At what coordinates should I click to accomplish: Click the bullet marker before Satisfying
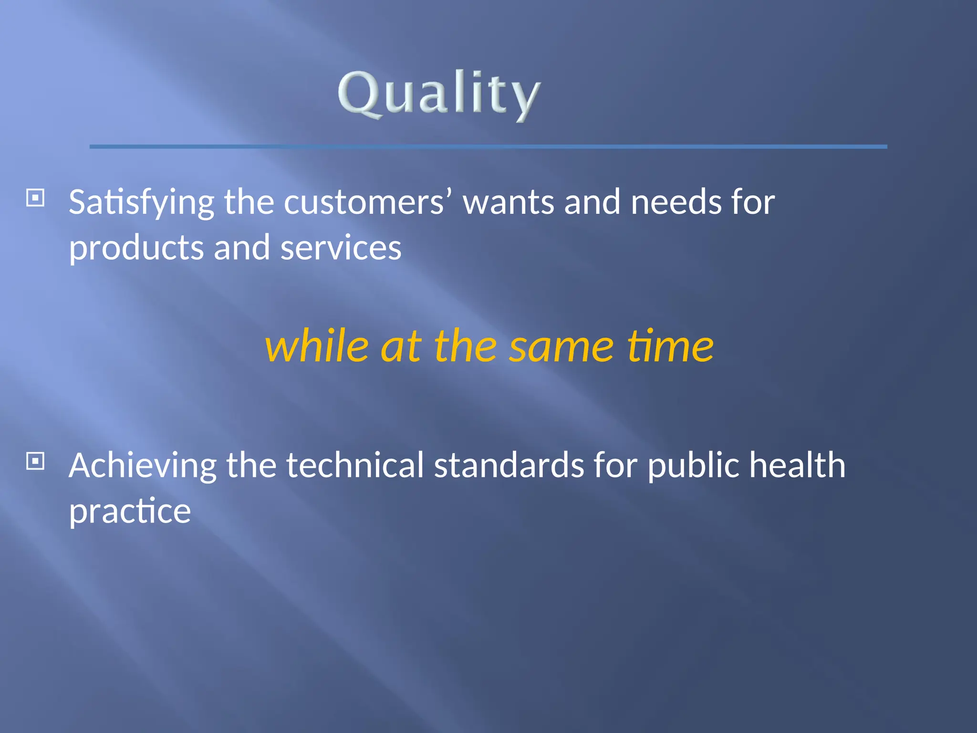pyautogui.click(x=35, y=198)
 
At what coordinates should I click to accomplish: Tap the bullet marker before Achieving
pyautogui.click(x=35, y=461)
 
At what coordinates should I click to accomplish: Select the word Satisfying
pyautogui.click(x=141, y=203)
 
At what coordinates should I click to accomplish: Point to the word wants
pyautogui.click(x=509, y=203)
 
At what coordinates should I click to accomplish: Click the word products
pyautogui.click(x=136, y=249)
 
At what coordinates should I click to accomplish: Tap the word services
pyautogui.click(x=341, y=248)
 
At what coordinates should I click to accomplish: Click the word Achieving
pyautogui.click(x=142, y=466)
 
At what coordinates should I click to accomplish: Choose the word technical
pyautogui.click(x=354, y=465)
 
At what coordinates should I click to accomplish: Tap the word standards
pyautogui.click(x=509, y=465)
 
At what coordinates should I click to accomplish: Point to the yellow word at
pyautogui.click(x=401, y=346)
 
